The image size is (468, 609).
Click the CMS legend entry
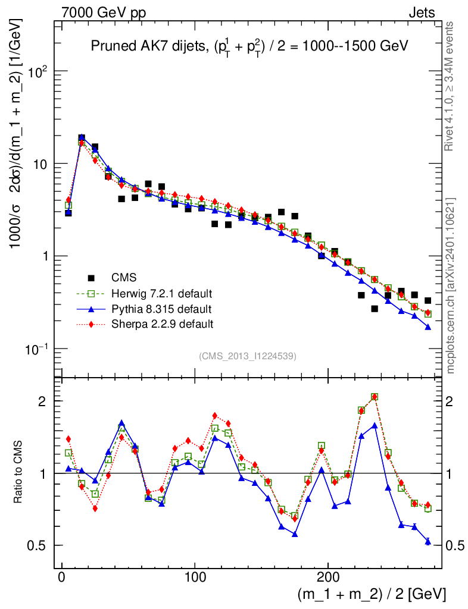[124, 278]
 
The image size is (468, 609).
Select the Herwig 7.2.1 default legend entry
[162, 294]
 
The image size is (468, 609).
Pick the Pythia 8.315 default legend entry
[160, 309]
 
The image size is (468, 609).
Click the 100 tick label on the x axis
[195, 577]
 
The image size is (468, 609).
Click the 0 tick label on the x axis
[62, 577]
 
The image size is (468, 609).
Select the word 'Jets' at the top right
[421, 12]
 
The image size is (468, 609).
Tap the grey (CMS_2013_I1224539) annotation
[248, 356]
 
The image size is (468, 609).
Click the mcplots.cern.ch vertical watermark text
[450, 285]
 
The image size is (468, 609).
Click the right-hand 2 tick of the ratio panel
[455, 401]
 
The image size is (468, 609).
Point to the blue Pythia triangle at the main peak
[82, 138]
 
